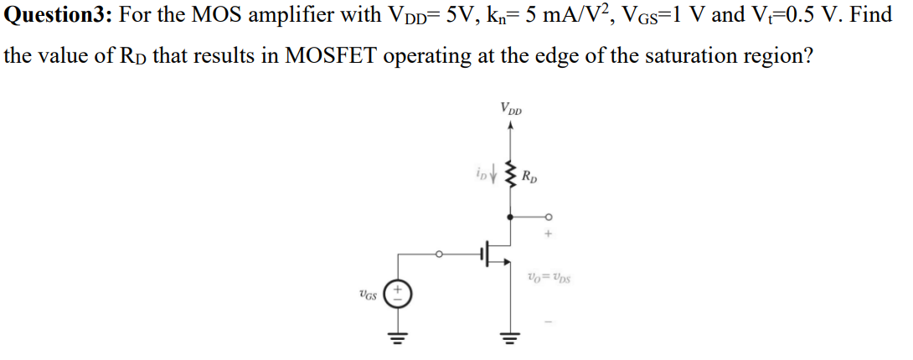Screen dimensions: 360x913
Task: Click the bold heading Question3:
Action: (x=60, y=14)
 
